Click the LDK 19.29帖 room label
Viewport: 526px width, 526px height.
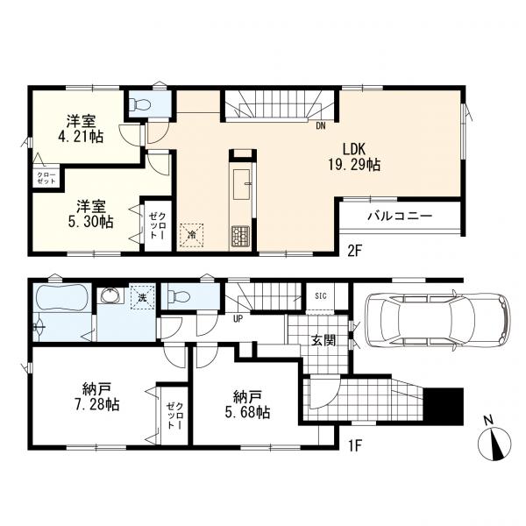tap(356, 157)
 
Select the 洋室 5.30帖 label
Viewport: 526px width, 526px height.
tap(91, 214)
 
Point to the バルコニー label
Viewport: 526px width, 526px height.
tap(400, 216)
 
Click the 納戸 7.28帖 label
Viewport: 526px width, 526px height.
tap(96, 397)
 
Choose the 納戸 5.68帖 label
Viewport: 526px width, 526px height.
tap(247, 405)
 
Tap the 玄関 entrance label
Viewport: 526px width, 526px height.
tap(323, 341)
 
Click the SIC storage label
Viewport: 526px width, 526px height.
tap(321, 296)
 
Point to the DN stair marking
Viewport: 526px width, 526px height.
tap(320, 126)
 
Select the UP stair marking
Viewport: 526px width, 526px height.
tap(238, 319)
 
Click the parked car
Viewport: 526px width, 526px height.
tap(438, 320)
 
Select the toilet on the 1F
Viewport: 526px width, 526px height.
tap(179, 295)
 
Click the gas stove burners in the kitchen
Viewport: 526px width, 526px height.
tap(240, 235)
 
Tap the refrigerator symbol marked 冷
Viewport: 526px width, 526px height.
tap(192, 235)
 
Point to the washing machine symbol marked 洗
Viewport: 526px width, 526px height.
tap(143, 297)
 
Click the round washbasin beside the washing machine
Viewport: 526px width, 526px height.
tap(111, 296)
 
